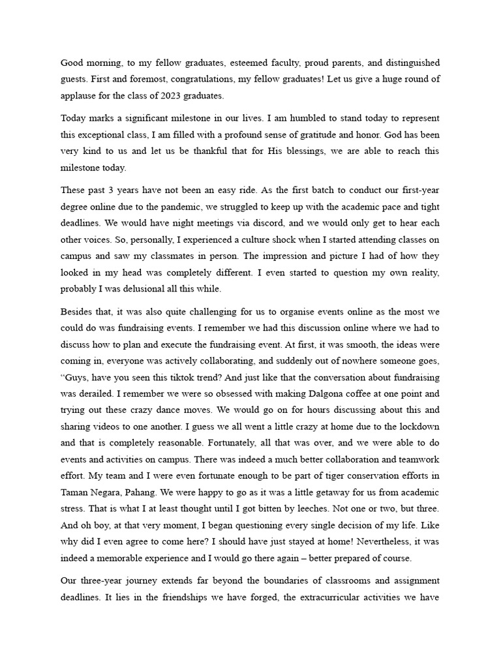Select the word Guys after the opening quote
point(77,377)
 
